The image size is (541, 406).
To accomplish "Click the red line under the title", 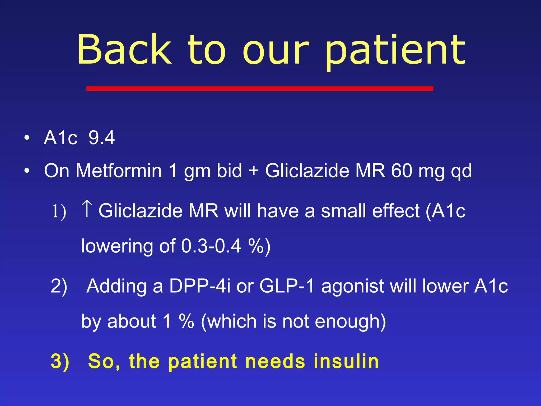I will pos(260,88).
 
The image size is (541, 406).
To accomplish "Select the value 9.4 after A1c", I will pos(101,138).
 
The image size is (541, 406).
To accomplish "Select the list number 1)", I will pos(59,211).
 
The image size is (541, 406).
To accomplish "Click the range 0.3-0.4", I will pos(211,246).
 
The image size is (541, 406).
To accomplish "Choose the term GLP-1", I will pos(287,286).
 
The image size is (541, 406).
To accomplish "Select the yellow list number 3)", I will pos(60,361).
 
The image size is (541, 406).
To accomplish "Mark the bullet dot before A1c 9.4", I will pos(27,138).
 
